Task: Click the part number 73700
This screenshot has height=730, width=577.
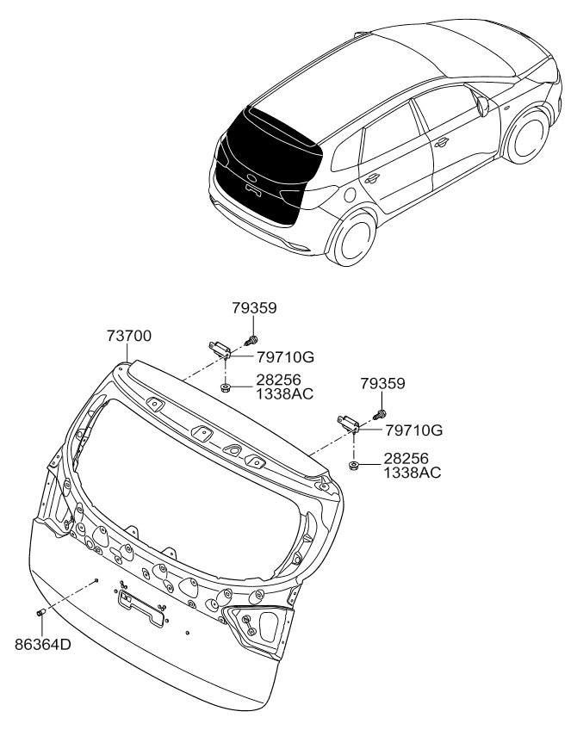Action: click(x=129, y=336)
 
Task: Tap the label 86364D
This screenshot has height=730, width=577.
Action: click(x=43, y=645)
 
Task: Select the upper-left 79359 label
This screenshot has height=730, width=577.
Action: click(x=254, y=307)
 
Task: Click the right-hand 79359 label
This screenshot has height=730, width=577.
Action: click(x=382, y=384)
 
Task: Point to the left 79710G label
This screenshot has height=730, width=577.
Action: click(x=285, y=357)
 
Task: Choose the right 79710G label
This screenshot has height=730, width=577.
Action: click(x=413, y=430)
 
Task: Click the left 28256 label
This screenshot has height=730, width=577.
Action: click(x=278, y=380)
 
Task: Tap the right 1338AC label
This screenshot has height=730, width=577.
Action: click(x=413, y=473)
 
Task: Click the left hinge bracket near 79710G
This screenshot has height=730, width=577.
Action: click(x=219, y=349)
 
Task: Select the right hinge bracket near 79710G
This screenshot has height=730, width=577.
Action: click(x=348, y=424)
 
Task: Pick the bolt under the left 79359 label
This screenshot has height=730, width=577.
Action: click(x=251, y=340)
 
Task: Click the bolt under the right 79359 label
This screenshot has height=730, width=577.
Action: click(x=380, y=413)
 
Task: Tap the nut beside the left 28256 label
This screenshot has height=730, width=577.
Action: click(x=226, y=387)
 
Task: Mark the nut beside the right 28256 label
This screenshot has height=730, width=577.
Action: click(x=354, y=465)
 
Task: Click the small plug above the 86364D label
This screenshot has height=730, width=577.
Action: click(x=40, y=612)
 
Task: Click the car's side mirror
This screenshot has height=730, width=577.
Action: click(x=483, y=106)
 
